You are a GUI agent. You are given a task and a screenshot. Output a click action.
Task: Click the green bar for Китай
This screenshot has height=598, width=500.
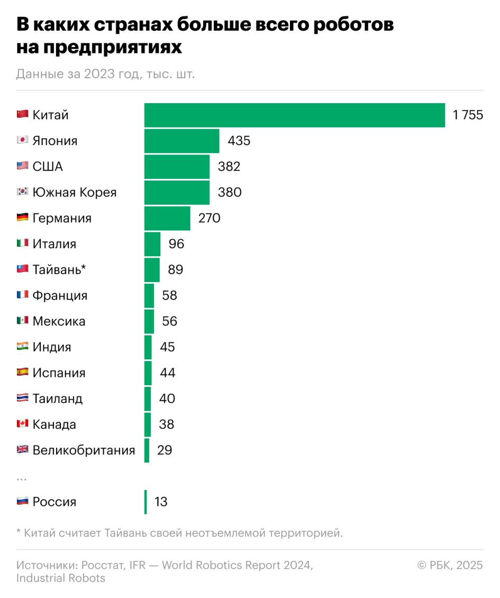(294, 115)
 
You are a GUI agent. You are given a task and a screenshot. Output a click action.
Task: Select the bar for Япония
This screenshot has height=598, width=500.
(181, 141)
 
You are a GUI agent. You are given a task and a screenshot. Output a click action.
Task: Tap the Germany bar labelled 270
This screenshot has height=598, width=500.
(167, 218)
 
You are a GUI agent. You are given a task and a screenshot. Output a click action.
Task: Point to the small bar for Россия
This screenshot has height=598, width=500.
(146, 502)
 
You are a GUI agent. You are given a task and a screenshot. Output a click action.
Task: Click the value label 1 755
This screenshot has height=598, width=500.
(468, 115)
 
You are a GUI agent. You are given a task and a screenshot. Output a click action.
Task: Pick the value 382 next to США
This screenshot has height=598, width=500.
(229, 167)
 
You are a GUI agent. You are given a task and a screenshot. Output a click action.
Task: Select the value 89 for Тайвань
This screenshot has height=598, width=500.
(175, 270)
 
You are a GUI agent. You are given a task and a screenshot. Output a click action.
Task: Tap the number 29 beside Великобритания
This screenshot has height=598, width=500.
(165, 450)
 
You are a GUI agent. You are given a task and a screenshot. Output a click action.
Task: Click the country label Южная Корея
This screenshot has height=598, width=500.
(74, 193)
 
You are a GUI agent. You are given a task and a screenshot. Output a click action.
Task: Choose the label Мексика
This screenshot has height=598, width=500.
(59, 321)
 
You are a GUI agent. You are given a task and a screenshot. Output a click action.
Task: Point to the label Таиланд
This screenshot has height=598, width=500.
(57, 398)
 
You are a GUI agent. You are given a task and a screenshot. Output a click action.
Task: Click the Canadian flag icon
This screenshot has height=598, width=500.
(22, 424)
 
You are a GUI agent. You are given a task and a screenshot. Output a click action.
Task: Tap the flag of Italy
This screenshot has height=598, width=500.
(22, 243)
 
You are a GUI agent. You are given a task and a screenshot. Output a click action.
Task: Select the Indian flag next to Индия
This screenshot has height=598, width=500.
(22, 347)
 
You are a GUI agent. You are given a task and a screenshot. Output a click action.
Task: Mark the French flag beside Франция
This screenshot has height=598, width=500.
(22, 295)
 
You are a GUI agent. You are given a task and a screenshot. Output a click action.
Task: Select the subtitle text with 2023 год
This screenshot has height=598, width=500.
(105, 74)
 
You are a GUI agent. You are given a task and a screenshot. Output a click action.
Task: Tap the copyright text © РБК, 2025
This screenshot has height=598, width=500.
(450, 565)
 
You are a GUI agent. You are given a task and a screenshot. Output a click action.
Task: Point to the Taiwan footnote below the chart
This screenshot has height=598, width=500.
(179, 533)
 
